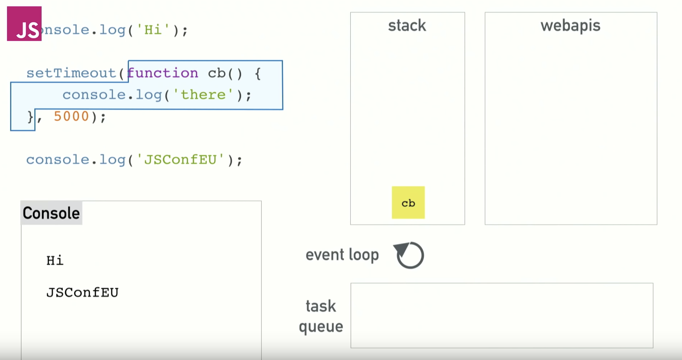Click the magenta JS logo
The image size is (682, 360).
click(24, 24)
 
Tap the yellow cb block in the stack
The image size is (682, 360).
click(408, 203)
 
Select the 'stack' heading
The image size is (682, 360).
click(407, 25)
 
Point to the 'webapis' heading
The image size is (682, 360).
click(570, 26)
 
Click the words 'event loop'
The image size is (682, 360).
click(342, 255)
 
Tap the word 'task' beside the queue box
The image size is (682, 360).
click(321, 306)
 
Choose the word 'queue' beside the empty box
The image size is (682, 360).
click(321, 327)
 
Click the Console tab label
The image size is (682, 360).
click(51, 213)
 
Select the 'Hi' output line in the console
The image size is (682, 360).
click(55, 261)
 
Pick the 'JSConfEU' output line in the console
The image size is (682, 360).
click(83, 293)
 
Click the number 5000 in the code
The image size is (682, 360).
click(71, 116)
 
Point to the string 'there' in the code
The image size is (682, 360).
click(203, 95)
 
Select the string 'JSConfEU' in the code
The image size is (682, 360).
click(180, 160)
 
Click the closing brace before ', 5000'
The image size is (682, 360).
click(30, 117)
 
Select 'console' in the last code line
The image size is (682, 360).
click(58, 160)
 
